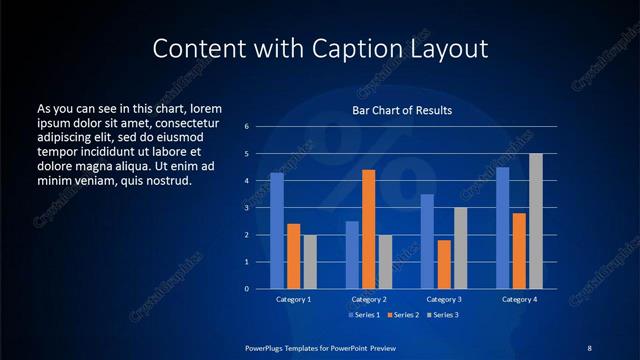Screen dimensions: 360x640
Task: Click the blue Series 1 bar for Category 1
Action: coord(276,231)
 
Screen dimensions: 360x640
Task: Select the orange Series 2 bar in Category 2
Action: coord(368,229)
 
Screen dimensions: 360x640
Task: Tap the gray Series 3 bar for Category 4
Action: coord(535,221)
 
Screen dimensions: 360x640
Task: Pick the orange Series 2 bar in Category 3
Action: coord(444,264)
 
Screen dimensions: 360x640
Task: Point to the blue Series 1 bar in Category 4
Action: coord(502,228)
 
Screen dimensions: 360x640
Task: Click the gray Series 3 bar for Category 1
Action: coord(309,262)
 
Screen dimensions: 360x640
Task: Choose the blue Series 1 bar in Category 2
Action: coord(352,255)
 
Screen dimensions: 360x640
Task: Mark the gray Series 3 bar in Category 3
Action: coord(460,248)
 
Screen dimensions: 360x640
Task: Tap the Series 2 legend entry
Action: coord(403,315)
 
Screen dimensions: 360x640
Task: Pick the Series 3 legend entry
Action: coord(444,315)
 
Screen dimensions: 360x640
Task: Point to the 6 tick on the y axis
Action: coord(246,127)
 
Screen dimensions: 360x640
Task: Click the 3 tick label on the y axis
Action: coord(246,208)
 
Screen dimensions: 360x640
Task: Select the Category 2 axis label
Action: coord(369,299)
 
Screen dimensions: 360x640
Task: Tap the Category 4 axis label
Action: coord(519,299)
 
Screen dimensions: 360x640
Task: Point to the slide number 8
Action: coord(589,347)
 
